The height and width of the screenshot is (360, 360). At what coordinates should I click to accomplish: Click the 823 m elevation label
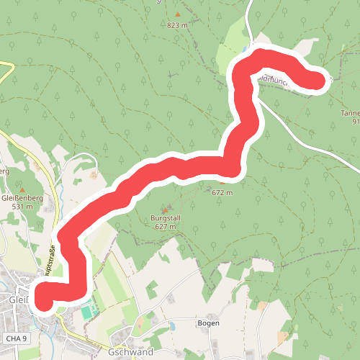[x=176, y=26]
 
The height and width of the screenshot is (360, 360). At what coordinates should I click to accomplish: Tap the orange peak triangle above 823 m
[x=177, y=14]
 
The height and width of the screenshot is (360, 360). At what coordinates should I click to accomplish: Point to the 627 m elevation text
[x=166, y=226]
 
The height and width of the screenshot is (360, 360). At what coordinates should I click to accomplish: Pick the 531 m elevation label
[x=22, y=207]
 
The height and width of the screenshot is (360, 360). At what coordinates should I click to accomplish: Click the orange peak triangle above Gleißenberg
[x=22, y=186]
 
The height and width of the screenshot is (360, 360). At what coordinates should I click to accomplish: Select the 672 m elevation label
[x=222, y=192]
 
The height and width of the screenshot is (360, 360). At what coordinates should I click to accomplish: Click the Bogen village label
[x=208, y=323]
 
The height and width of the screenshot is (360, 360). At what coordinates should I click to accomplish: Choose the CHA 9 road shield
[x=15, y=338]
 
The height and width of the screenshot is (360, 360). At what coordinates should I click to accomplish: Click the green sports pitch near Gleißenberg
[x=87, y=312]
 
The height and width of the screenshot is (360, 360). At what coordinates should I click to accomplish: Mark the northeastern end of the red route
[x=317, y=81]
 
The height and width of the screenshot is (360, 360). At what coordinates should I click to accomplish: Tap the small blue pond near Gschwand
[x=172, y=326]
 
